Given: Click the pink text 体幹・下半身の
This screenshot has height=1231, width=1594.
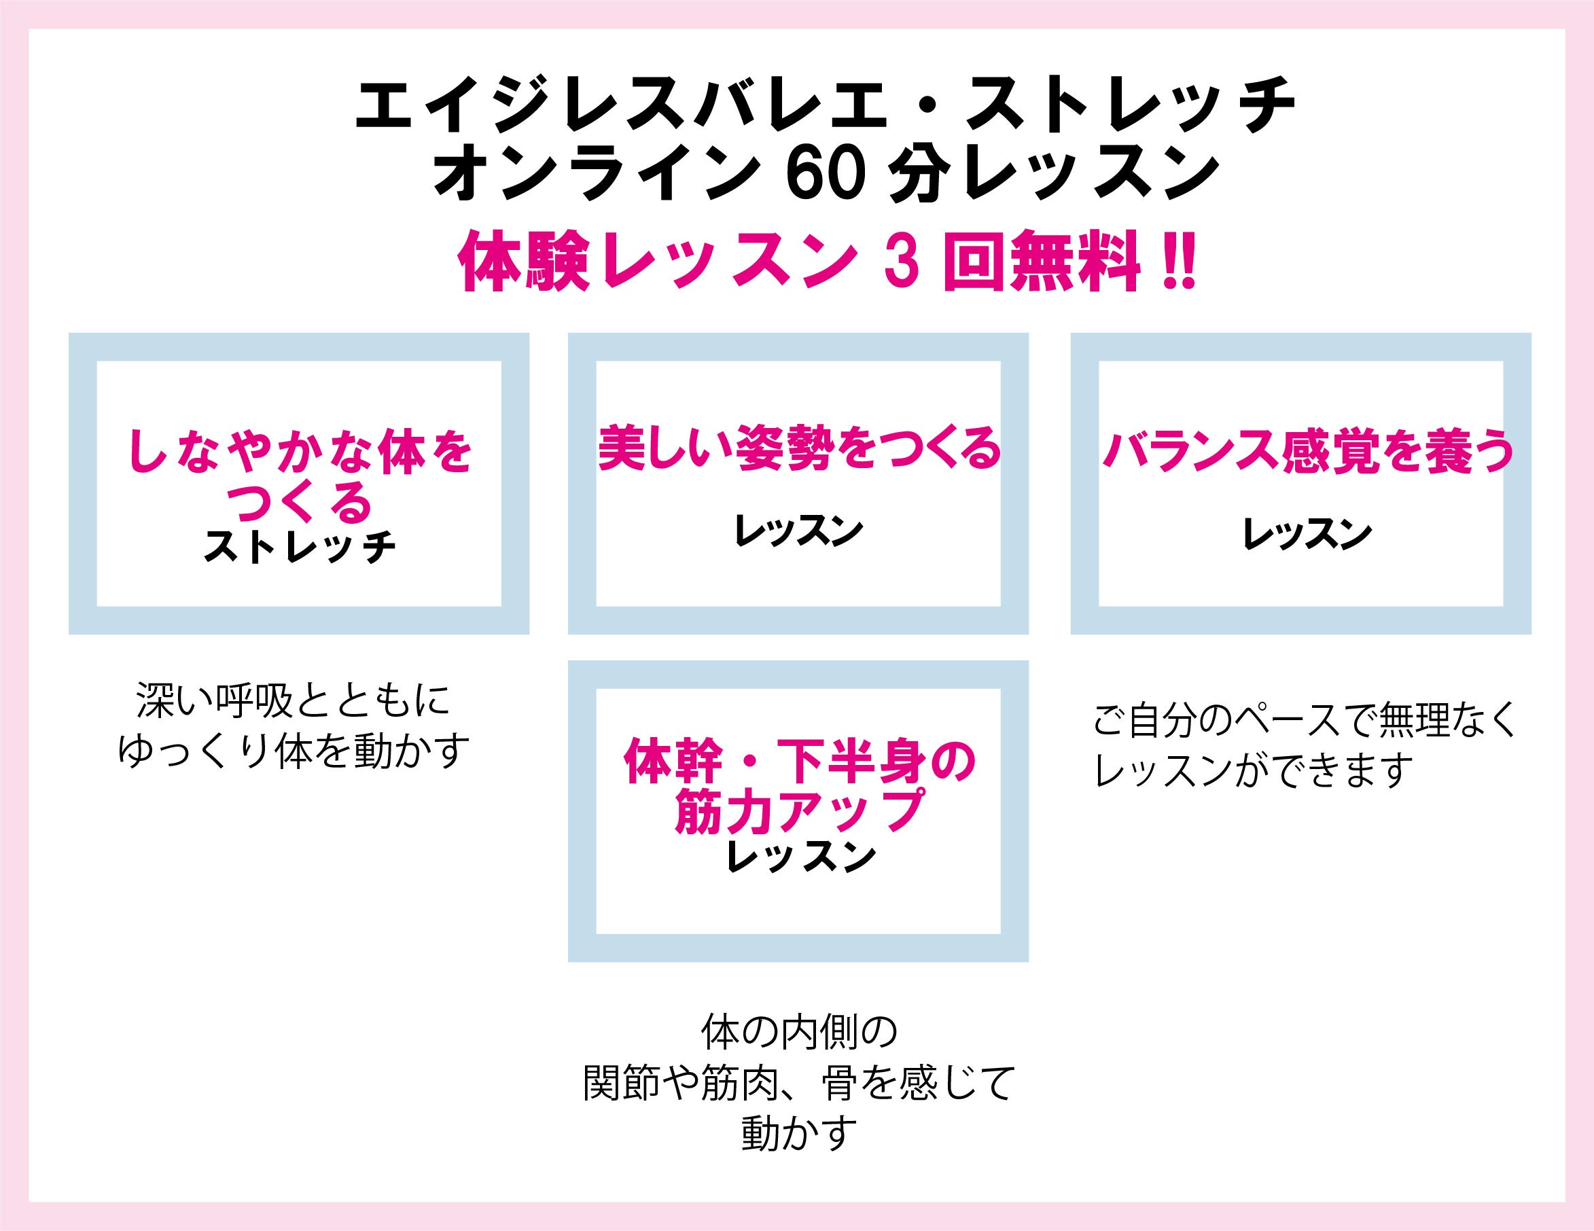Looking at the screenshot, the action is [799, 762].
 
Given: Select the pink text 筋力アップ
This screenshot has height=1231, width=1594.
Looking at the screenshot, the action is [799, 810].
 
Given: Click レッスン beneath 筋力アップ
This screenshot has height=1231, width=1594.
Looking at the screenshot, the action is [799, 857].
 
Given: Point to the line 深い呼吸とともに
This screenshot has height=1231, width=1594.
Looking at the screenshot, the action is [294, 700].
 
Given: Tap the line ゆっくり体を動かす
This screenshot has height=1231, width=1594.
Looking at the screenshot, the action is [294, 749].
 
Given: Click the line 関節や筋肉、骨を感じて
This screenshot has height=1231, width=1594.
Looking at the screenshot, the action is [799, 1084].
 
